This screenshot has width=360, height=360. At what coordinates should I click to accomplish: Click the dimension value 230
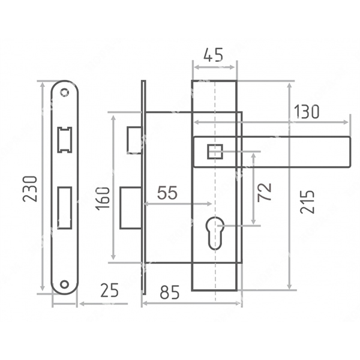(30, 189)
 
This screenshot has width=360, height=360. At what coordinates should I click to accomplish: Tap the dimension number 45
(213, 55)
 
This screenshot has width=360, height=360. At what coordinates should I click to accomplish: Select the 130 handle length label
(307, 112)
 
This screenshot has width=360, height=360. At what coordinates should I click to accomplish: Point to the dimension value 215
(307, 202)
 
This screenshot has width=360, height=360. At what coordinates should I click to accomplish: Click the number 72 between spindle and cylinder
(264, 193)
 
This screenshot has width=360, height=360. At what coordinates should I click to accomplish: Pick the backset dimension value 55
(167, 193)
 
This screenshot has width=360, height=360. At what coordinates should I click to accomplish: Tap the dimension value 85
(170, 292)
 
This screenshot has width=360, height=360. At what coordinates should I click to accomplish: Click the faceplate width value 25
(110, 290)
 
